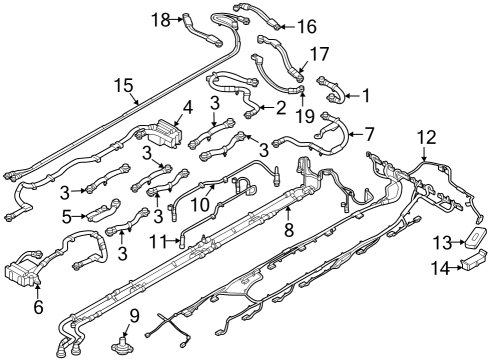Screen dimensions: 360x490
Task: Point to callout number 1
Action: click(365, 96)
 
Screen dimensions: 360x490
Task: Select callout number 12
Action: click(427, 135)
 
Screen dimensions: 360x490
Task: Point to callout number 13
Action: click(441, 243)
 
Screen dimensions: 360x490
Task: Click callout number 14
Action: click(441, 267)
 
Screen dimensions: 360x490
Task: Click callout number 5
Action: click(67, 215)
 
